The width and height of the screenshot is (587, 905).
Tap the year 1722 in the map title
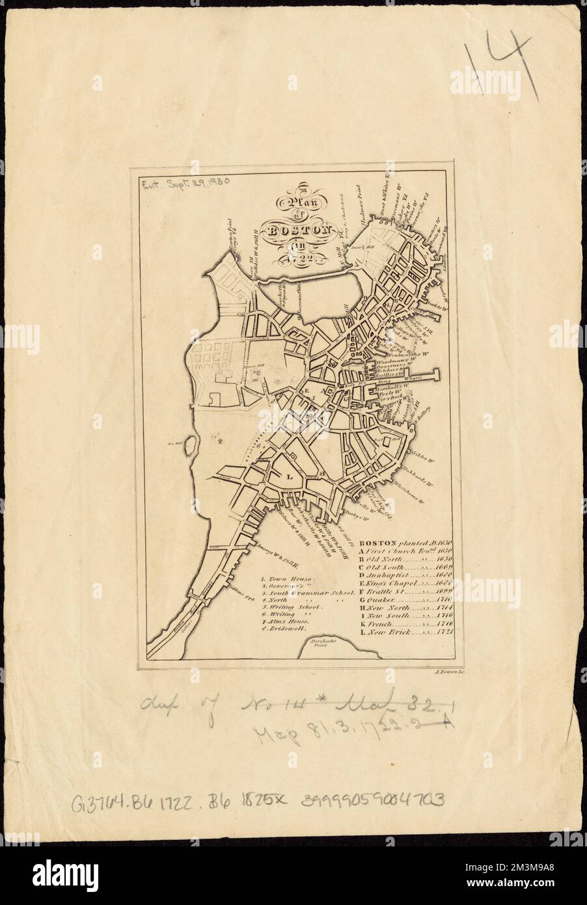(293, 261)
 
